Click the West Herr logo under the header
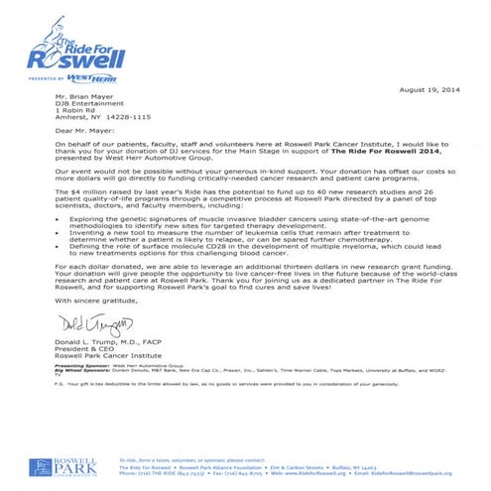coord(69,78)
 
